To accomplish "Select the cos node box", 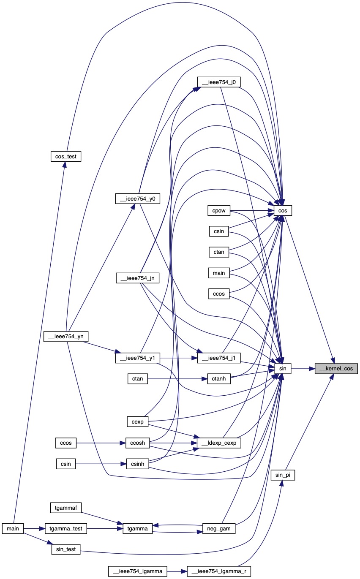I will click(x=283, y=210).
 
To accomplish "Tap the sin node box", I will click(x=283, y=369).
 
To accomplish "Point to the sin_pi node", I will click(x=283, y=475).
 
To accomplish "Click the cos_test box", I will click(x=65, y=156).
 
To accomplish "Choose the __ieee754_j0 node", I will click(x=219, y=82).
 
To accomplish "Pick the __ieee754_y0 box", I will click(x=138, y=198).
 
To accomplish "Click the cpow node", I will click(x=218, y=210).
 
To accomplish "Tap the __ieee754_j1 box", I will click(x=219, y=358).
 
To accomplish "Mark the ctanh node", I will click(x=219, y=379).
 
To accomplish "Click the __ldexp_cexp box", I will click(x=219, y=443).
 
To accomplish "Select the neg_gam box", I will click(x=219, y=528).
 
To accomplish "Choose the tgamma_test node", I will click(x=65, y=528).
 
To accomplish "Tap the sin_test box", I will click(x=65, y=550).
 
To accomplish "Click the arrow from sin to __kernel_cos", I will click(x=301, y=369).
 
